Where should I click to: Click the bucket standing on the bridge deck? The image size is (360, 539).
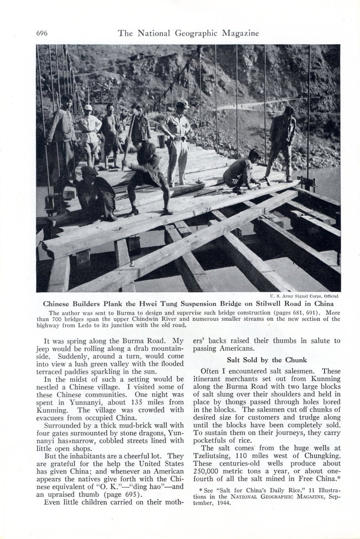(161, 141)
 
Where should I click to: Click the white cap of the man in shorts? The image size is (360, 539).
(88, 107)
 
